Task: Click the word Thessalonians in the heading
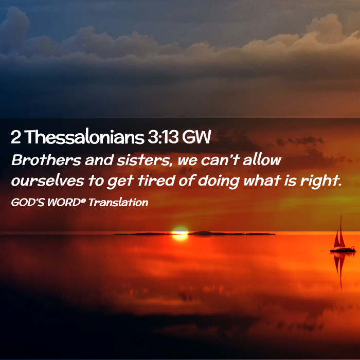click(x=84, y=137)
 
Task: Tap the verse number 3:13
click(x=163, y=137)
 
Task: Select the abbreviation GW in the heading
click(x=196, y=137)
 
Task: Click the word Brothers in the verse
click(x=46, y=160)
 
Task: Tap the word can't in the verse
click(x=220, y=160)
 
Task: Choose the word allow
click(x=262, y=160)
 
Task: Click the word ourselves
click(x=47, y=181)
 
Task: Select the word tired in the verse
click(x=156, y=181)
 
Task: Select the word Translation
click(x=118, y=202)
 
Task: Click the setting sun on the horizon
click(x=180, y=233)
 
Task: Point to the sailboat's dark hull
click(x=343, y=250)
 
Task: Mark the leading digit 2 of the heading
click(x=15, y=137)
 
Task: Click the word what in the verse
click(x=262, y=181)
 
